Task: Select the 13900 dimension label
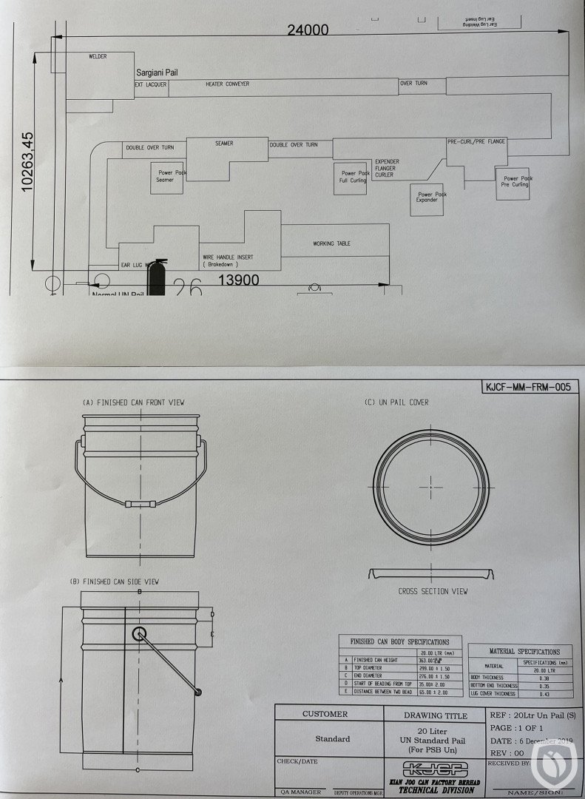point(240,280)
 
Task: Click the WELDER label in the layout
point(98,56)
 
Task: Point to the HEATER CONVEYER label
point(227,84)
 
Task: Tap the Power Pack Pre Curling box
point(515,181)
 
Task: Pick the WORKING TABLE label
point(331,243)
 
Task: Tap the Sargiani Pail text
point(157,73)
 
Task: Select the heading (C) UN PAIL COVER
point(396,402)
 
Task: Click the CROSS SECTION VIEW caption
point(433,591)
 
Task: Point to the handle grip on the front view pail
point(140,503)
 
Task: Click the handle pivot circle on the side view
point(138,634)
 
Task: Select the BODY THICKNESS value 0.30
point(544,678)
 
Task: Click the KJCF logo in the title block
point(433,767)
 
